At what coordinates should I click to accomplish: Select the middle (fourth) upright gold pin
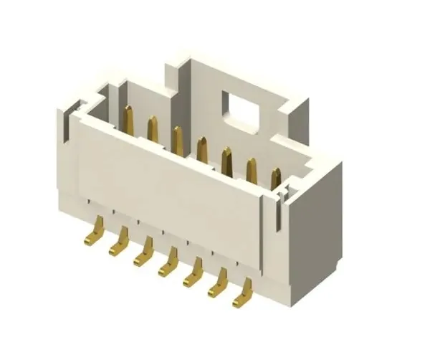tap(202, 150)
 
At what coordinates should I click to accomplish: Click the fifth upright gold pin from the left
tap(227, 160)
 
